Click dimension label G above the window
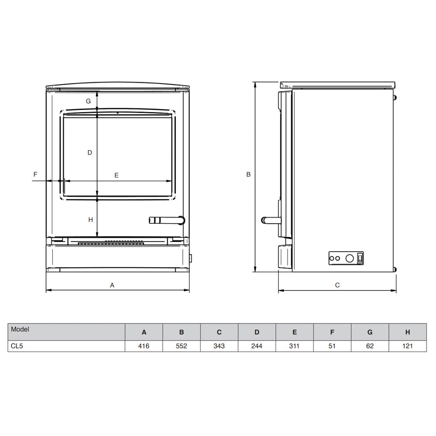(88, 101)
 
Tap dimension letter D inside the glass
(89, 153)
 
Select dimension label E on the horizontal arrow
(116, 175)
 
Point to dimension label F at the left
(35, 174)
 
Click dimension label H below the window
(90, 220)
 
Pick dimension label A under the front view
(112, 285)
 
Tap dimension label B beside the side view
(249, 174)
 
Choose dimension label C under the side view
(337, 285)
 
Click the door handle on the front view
(167, 220)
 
